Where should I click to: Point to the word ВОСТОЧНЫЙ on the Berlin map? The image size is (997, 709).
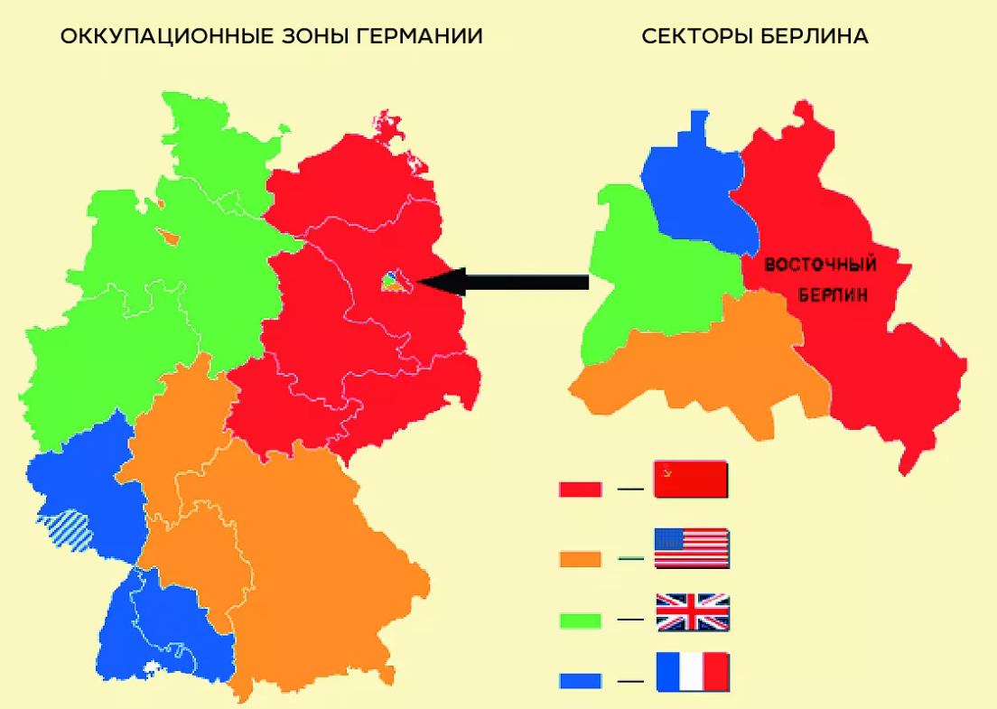pos(821,266)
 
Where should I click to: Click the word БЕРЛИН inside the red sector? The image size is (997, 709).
pos(833,294)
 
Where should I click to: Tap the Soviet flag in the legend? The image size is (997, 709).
pos(691,480)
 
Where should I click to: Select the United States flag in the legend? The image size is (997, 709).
pos(691,548)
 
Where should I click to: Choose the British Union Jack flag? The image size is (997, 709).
pos(691,612)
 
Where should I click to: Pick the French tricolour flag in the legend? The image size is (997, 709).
pos(691,673)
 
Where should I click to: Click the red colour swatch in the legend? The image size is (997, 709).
pos(580,490)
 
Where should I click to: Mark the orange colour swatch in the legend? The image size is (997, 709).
pos(580,559)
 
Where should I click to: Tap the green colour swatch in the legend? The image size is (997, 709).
pos(580,620)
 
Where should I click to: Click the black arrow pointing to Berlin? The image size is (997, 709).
pos(506,282)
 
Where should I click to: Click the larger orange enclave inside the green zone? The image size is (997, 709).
pos(169,238)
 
